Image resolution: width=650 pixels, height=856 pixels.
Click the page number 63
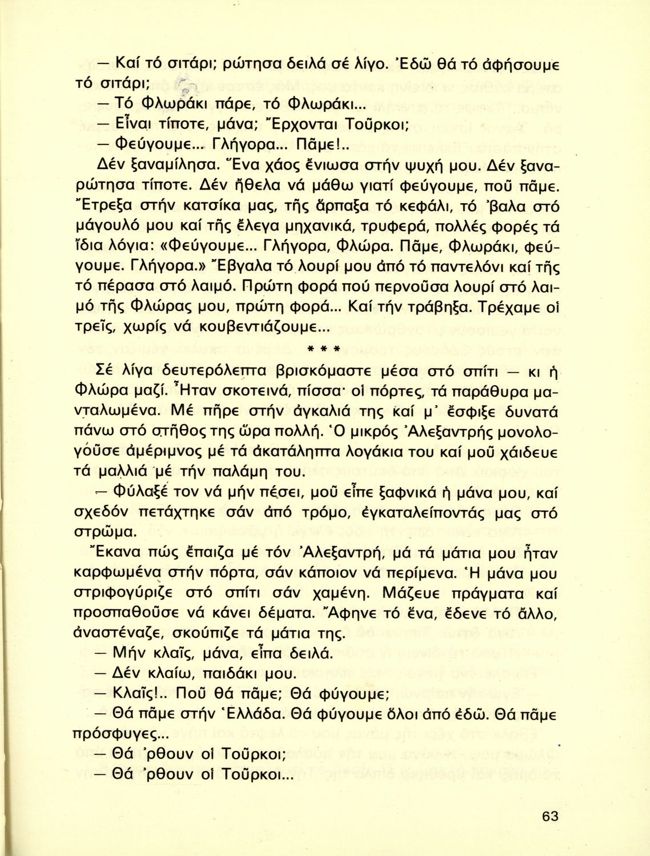coord(550,815)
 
